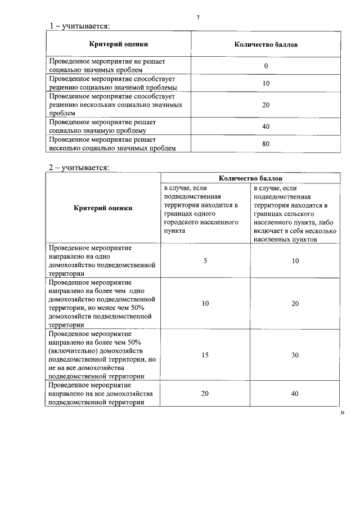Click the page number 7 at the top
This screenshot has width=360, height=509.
click(x=197, y=17)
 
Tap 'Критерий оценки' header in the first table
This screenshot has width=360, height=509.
click(x=119, y=44)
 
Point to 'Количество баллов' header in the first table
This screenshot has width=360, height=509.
click(x=266, y=44)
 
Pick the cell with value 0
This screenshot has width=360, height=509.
click(x=266, y=66)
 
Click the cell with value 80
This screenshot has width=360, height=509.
click(x=266, y=144)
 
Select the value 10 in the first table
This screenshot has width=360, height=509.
click(x=266, y=83)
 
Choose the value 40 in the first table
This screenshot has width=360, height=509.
click(x=266, y=127)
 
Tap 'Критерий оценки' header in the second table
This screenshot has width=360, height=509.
click(x=103, y=208)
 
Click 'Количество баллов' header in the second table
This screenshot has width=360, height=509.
click(x=250, y=178)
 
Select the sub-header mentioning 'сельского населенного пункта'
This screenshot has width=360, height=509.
click(x=295, y=212)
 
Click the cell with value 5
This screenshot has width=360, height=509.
click(x=205, y=261)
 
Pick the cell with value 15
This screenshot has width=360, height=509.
click(x=205, y=355)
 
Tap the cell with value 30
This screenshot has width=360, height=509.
click(x=295, y=355)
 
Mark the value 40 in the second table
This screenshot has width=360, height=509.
click(x=295, y=394)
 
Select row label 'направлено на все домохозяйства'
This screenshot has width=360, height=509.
click(x=101, y=394)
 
